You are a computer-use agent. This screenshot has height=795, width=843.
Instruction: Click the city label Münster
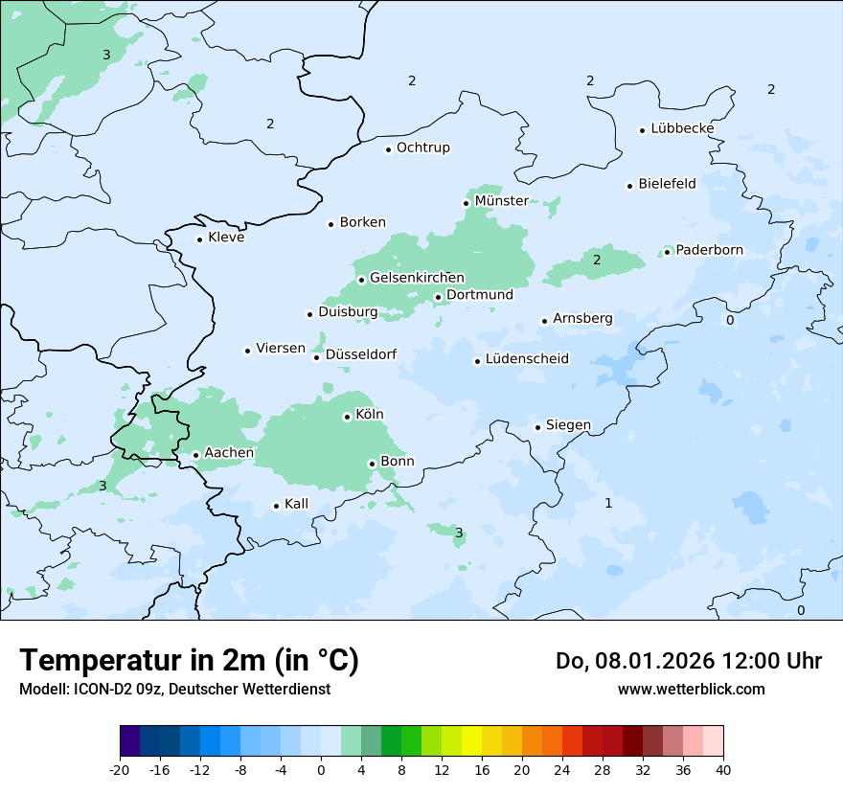(501, 201)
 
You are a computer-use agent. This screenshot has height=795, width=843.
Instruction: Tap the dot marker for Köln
(347, 417)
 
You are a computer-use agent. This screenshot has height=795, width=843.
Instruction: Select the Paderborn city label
(709, 251)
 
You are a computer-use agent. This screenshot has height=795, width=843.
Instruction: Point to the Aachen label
(229, 453)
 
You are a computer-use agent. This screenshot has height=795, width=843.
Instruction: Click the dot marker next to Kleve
(199, 239)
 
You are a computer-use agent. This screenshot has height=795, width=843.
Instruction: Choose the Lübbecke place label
(682, 128)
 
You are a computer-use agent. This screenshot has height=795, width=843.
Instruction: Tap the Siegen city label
(568, 425)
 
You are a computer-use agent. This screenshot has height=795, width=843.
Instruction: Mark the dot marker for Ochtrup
(388, 148)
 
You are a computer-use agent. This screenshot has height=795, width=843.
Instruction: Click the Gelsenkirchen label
(417, 278)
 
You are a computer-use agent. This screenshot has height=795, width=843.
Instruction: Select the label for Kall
(296, 504)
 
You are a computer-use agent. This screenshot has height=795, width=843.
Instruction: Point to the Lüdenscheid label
(527, 359)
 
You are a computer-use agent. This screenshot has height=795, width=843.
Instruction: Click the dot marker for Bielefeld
(629, 186)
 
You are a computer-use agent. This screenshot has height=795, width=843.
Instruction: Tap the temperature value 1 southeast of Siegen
(607, 503)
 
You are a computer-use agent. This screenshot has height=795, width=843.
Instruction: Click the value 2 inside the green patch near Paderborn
(596, 260)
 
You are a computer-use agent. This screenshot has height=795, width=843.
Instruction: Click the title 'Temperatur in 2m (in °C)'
(190, 660)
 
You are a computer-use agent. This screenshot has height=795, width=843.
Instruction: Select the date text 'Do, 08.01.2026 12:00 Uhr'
(688, 661)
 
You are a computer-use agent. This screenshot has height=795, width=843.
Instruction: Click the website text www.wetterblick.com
(691, 689)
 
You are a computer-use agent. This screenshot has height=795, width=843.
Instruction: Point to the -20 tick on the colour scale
(120, 770)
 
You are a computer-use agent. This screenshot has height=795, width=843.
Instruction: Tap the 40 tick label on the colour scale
(723, 770)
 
